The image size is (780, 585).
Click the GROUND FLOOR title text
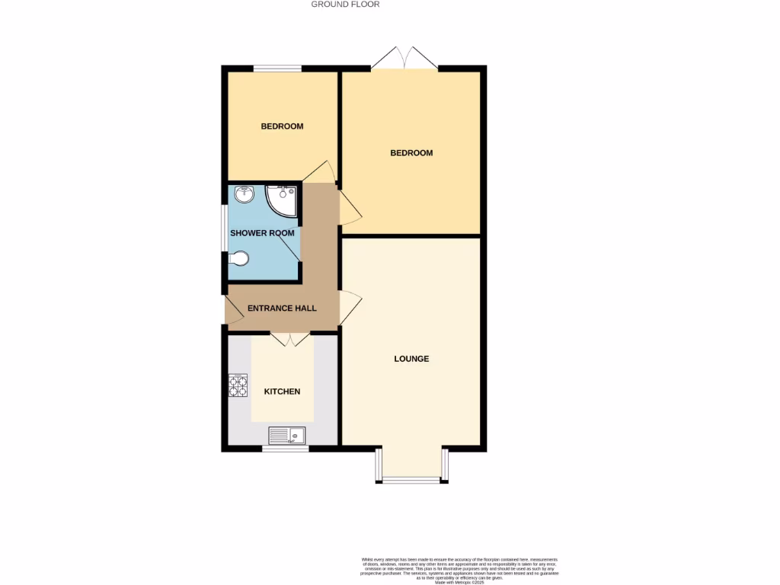pyautogui.click(x=345, y=5)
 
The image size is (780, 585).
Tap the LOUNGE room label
pyautogui.click(x=411, y=359)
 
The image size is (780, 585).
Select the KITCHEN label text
pyautogui.click(x=282, y=392)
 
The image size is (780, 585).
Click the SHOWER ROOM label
pyautogui.click(x=262, y=233)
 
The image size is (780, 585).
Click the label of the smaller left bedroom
pyautogui.click(x=282, y=126)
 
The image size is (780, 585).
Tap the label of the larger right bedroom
pyautogui.click(x=411, y=153)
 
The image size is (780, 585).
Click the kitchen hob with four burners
pyautogui.click(x=238, y=386)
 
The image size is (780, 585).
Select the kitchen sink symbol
pyautogui.click(x=286, y=435)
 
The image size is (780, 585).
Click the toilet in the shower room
pyautogui.click(x=238, y=259)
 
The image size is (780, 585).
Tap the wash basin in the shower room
pyautogui.click(x=244, y=194)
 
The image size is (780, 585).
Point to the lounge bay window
pyautogui.click(x=411, y=478)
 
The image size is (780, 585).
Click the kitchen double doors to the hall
pyautogui.click(x=289, y=340)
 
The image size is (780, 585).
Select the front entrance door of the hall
pyautogui.click(x=231, y=310)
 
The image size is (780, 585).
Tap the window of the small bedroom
pyautogui.click(x=277, y=69)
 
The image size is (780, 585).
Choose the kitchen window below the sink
pyautogui.click(x=286, y=449)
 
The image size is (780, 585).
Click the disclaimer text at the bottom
pyautogui.click(x=459, y=571)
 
